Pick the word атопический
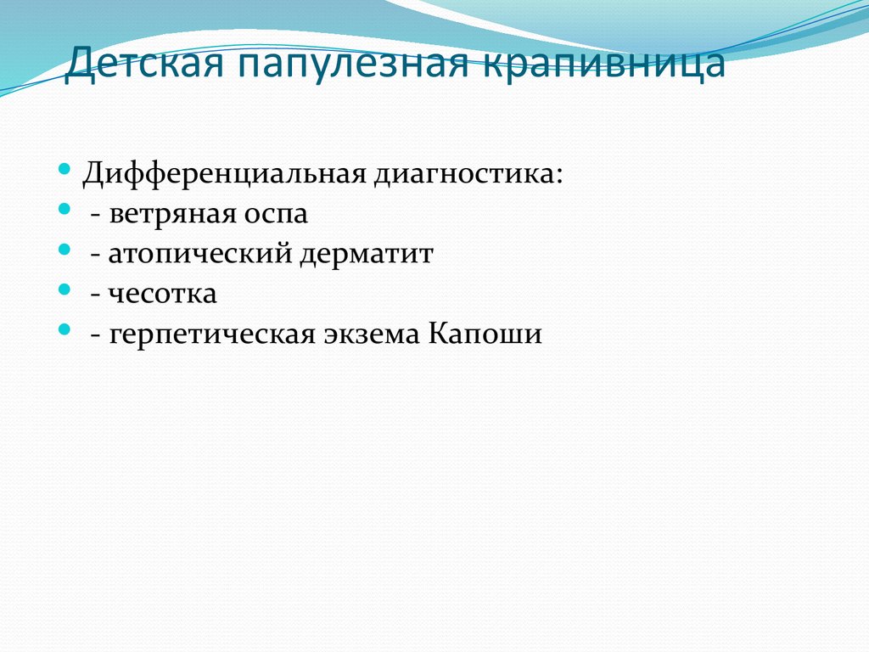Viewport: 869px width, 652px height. click(200, 254)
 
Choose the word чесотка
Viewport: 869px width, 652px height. click(162, 294)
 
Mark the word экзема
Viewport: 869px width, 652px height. click(370, 334)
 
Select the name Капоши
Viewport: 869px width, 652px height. click(485, 334)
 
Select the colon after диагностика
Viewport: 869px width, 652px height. click(558, 177)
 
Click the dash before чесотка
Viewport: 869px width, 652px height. click(97, 295)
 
